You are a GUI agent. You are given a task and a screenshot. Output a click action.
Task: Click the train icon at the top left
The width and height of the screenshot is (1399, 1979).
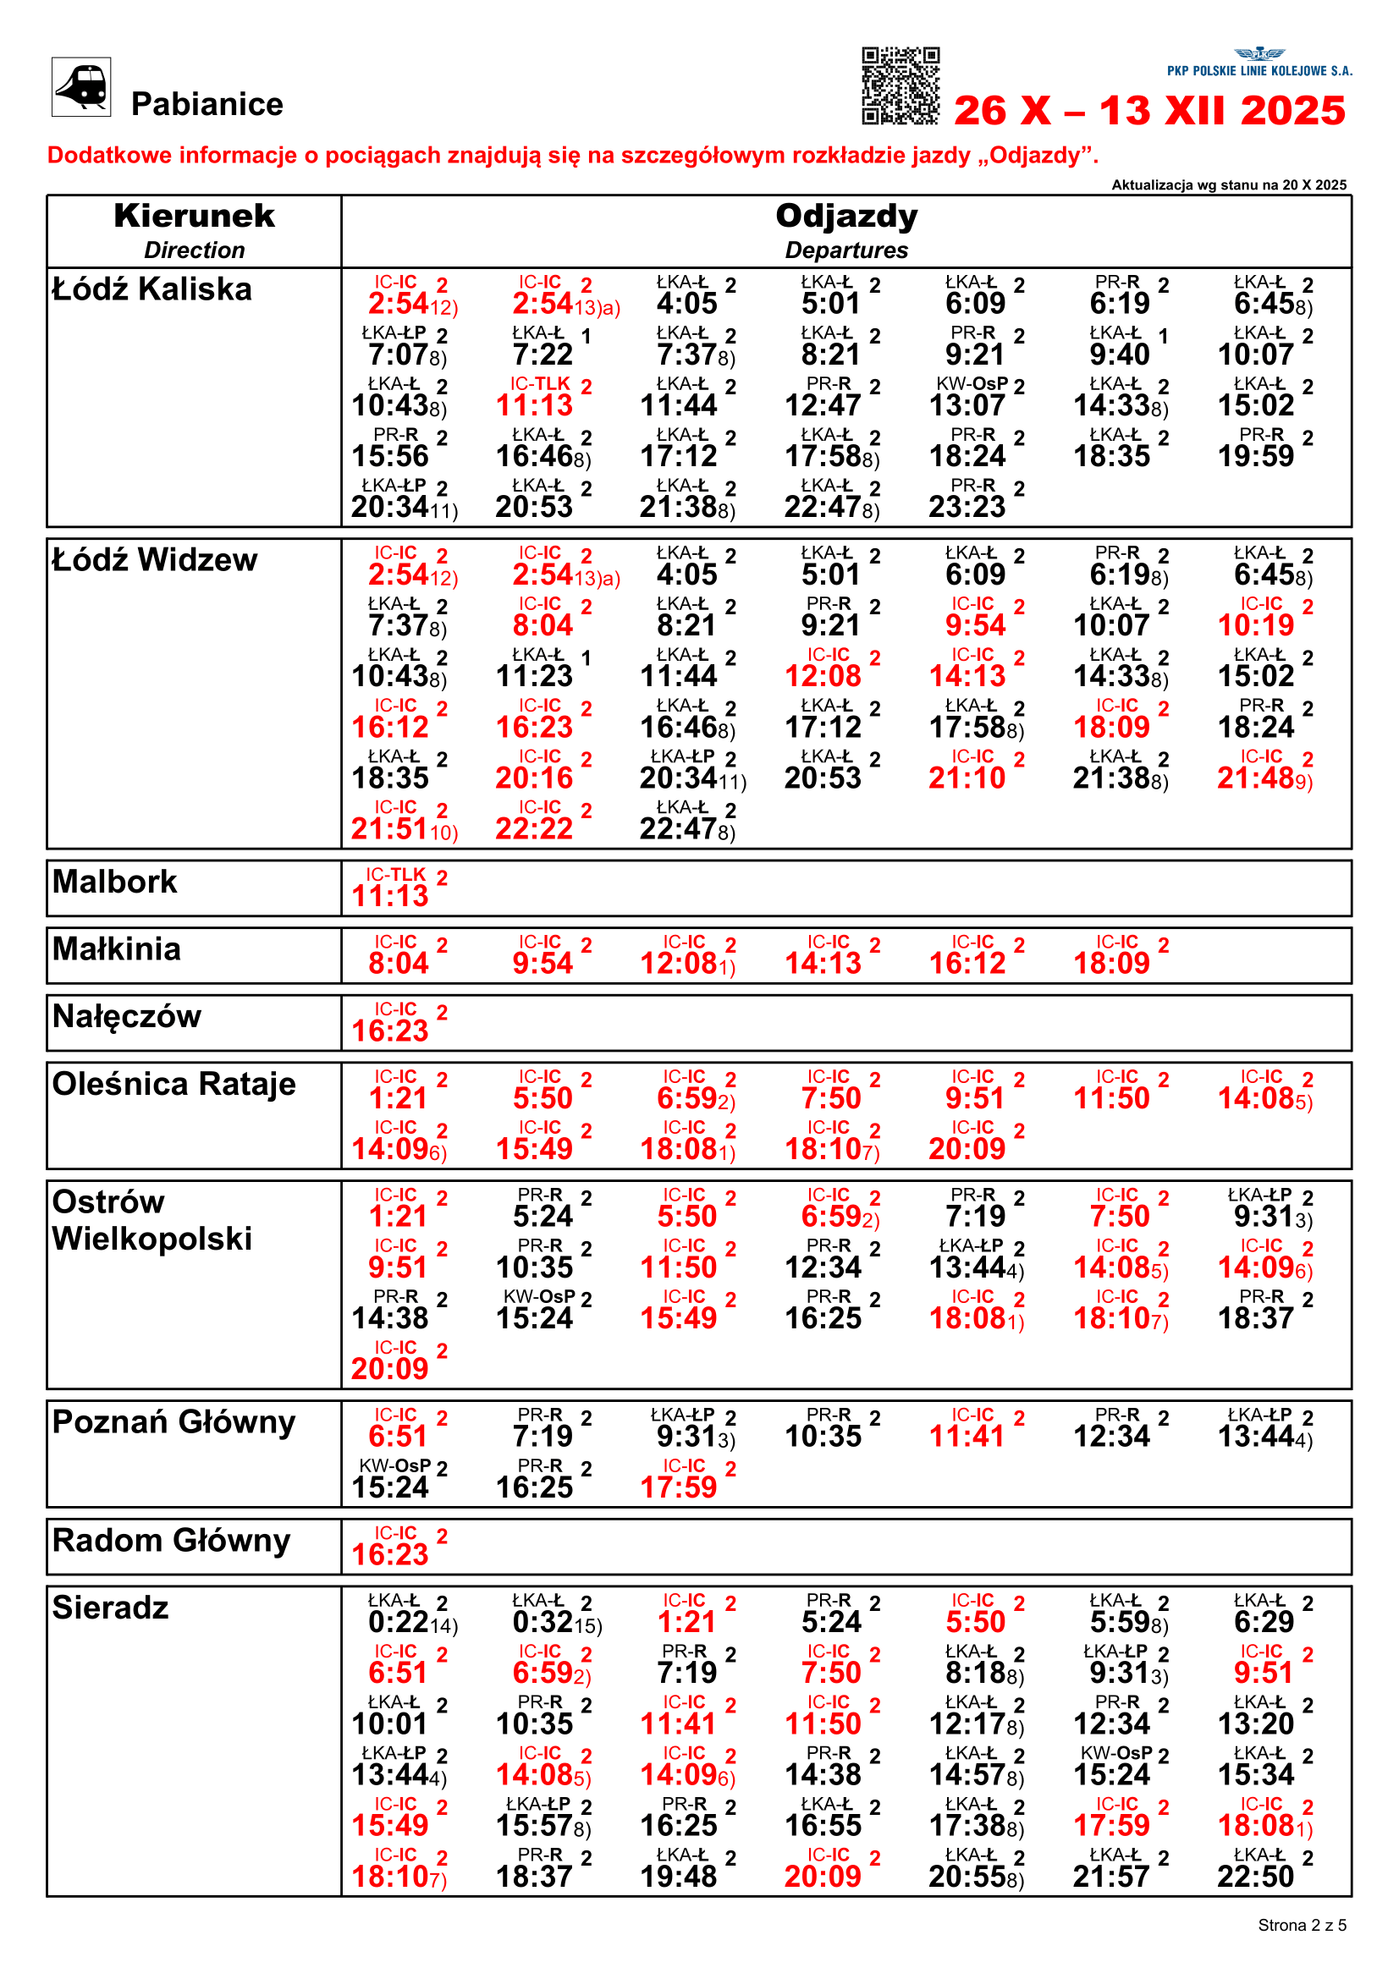(81, 87)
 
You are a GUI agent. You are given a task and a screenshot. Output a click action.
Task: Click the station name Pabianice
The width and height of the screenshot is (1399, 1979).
(207, 104)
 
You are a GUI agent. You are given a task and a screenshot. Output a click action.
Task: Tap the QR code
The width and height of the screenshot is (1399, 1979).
(900, 85)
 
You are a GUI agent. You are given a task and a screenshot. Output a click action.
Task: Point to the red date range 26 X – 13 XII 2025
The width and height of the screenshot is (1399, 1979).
(1149, 111)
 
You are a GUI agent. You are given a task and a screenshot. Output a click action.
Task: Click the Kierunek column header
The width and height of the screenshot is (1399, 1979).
(194, 217)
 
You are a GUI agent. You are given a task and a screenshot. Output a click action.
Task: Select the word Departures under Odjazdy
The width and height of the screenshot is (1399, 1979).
(845, 250)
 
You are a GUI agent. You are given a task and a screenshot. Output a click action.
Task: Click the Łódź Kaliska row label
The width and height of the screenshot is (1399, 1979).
(151, 289)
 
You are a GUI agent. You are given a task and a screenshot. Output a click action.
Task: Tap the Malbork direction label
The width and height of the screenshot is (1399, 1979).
(114, 882)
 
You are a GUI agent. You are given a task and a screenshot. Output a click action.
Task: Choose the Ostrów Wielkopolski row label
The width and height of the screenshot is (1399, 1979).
(151, 1220)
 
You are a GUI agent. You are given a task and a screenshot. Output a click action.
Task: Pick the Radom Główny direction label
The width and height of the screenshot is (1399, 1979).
(172, 1540)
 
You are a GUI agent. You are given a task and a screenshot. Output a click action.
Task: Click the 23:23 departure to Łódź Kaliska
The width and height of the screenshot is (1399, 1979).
(967, 507)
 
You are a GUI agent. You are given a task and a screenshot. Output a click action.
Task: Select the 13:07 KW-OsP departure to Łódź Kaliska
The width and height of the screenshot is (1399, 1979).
(967, 405)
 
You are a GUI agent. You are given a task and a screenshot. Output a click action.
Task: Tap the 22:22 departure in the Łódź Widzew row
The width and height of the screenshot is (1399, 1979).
(533, 828)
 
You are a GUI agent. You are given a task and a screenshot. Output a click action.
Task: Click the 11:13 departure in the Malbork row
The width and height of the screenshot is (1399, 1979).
(389, 895)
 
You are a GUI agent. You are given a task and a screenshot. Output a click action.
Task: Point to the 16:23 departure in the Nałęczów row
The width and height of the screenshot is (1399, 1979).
(389, 1030)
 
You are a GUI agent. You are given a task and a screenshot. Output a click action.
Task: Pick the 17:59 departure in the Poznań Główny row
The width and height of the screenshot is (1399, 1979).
(679, 1487)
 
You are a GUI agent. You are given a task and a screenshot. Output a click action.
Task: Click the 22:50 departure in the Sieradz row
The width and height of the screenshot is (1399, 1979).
(1255, 1877)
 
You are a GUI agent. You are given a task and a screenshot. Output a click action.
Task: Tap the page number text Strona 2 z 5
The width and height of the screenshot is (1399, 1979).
(1302, 1925)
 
